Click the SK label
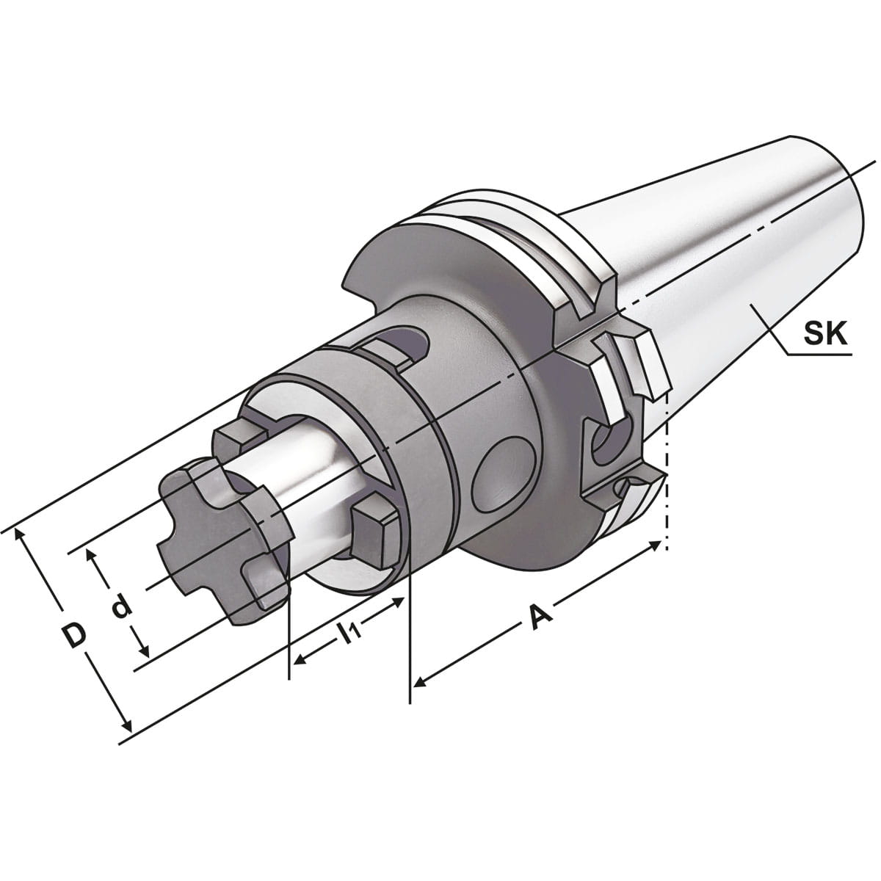825,336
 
